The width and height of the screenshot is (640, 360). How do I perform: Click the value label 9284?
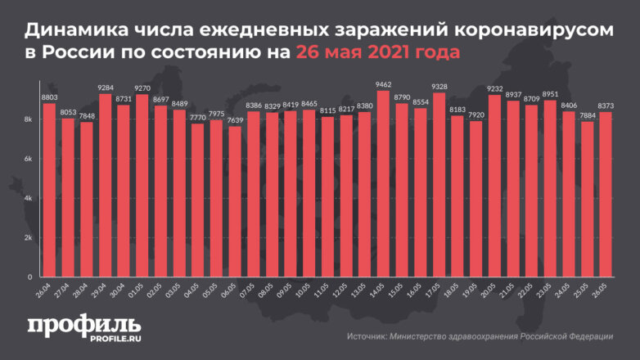[105, 88]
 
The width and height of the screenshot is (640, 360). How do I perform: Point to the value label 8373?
[606, 106]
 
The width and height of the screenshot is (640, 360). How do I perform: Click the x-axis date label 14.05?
[381, 290]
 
